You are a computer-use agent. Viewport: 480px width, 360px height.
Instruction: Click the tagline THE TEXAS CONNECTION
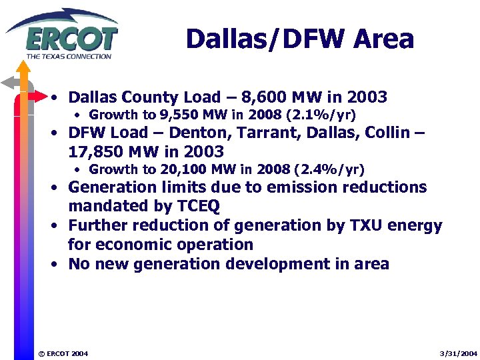[69, 56]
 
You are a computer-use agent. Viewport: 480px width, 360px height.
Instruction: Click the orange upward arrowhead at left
[23, 67]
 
